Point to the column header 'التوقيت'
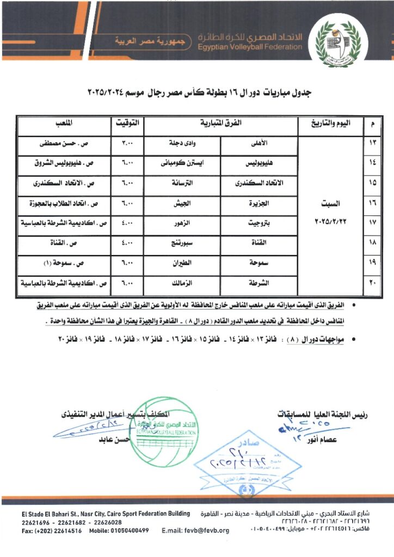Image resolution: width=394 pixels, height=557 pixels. (128, 124)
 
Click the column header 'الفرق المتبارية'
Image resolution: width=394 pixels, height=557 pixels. (220, 124)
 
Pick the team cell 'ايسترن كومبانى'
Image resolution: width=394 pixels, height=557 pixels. (182, 164)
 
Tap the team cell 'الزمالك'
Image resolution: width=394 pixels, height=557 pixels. (182, 283)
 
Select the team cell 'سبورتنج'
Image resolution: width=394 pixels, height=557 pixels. (182, 244)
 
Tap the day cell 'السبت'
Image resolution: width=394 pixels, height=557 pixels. (330, 205)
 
